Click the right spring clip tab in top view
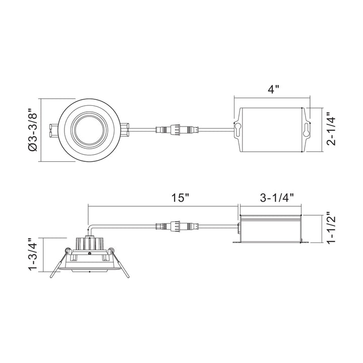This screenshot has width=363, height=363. pos(127,130)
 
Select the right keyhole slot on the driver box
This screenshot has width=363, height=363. pos(305,130)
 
